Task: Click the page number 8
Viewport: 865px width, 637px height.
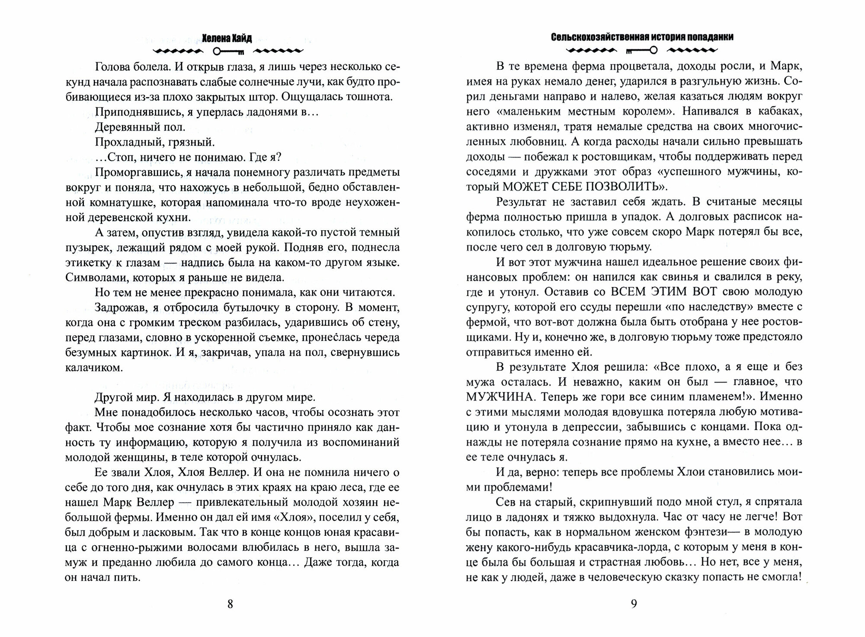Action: (230, 604)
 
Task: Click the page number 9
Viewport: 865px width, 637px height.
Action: (633, 604)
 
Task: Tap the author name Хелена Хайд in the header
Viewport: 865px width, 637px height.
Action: (230, 38)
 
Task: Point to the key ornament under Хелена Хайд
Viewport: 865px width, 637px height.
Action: (229, 51)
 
